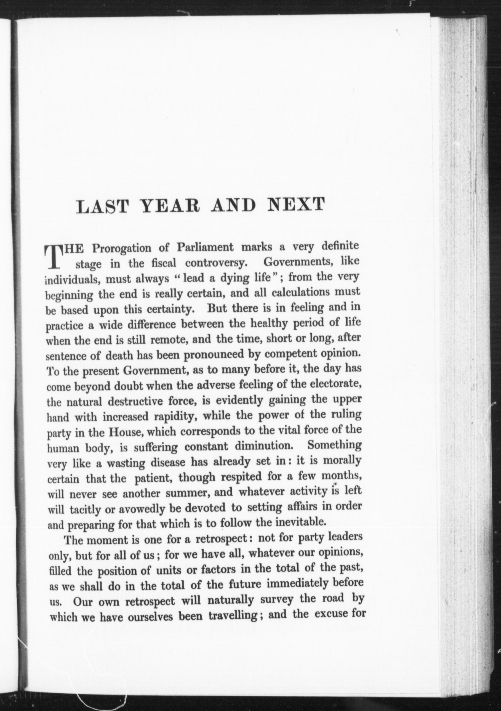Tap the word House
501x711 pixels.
(x=125, y=432)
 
